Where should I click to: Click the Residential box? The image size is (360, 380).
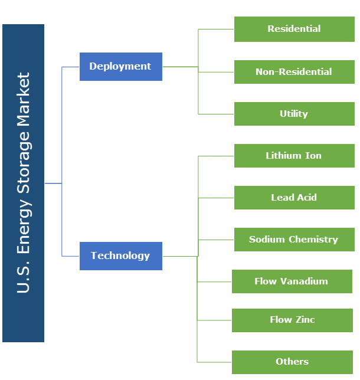tap(294, 29)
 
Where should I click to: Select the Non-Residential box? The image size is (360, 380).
tap(294, 72)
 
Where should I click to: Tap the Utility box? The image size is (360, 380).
tap(294, 114)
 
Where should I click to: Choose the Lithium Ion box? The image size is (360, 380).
tap(294, 156)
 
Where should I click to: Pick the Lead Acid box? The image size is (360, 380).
tap(294, 198)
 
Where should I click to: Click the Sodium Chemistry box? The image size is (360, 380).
tap(294, 240)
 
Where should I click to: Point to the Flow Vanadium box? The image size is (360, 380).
tap(292, 281)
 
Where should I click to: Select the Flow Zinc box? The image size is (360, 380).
tap(292, 320)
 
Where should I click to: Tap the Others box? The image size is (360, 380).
tap(292, 362)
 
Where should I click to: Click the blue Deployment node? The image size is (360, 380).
tap(120, 67)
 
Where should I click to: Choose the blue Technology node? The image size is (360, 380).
tap(120, 256)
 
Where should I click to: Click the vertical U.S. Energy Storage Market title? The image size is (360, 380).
tap(23, 183)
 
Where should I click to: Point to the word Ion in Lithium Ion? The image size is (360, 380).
tap(313, 156)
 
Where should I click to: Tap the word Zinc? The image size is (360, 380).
tap(305, 320)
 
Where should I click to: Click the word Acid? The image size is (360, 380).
tap(306, 198)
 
